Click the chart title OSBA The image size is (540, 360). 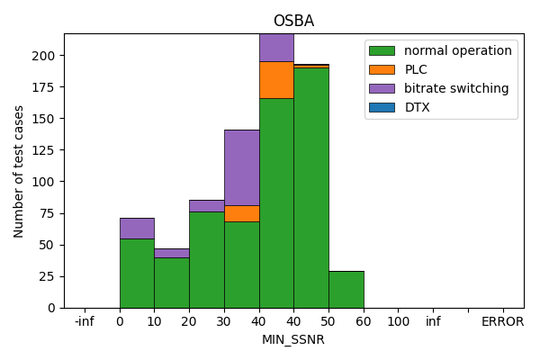coord(293,21)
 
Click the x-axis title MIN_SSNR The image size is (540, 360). coord(293,339)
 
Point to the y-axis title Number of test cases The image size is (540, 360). coord(19,171)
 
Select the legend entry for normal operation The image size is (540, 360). coord(457,50)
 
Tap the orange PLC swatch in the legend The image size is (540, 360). coord(381,69)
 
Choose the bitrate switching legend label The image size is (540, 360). coord(456,88)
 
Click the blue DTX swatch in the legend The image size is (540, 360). coord(381,107)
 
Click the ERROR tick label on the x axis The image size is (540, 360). coord(502,321)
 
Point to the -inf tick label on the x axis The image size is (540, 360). coord(84,321)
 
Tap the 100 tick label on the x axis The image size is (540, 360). coord(399,321)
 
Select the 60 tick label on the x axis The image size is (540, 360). coord(364,321)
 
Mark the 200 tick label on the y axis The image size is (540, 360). coord(46,56)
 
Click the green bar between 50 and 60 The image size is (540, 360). coord(346,289)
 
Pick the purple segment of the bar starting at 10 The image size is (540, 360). coord(171,253)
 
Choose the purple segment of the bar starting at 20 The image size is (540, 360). coord(206,206)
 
